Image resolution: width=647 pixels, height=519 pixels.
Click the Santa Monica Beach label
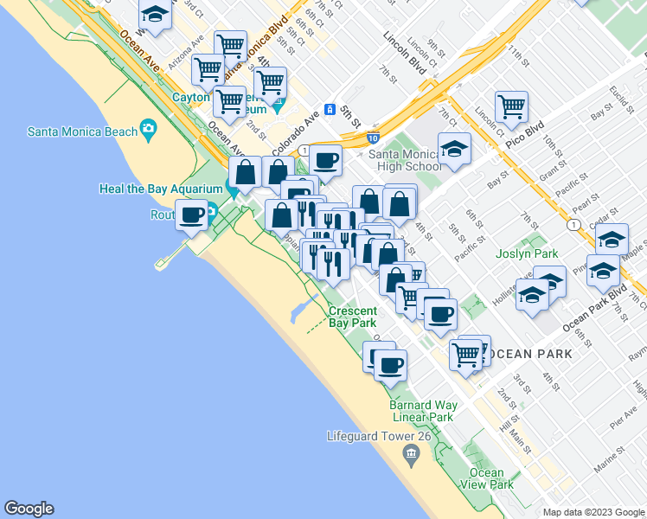pyautogui.click(x=82, y=131)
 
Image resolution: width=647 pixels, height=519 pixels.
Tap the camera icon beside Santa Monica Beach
pyautogui.click(x=149, y=130)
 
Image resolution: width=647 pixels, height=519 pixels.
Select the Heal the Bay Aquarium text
pyautogui.click(x=161, y=189)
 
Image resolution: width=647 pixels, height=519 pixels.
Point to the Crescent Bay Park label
pyautogui.click(x=353, y=317)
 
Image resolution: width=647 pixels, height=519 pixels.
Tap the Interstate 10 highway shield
pyautogui.click(x=373, y=137)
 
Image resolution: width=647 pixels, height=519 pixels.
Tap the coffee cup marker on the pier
pyautogui.click(x=191, y=215)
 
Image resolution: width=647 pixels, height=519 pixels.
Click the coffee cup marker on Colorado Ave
pyautogui.click(x=326, y=161)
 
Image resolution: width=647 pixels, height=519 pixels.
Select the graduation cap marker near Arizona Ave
pyautogui.click(x=155, y=16)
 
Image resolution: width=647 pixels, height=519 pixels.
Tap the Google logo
pyautogui.click(x=29, y=509)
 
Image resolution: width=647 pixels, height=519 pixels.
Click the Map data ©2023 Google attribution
pyautogui.click(x=593, y=512)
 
